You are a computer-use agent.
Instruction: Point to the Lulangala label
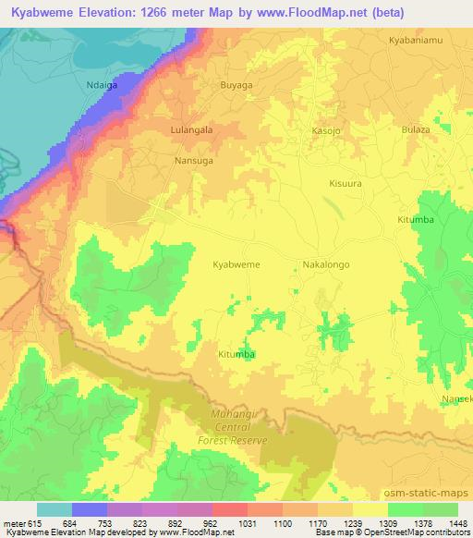(x=192, y=130)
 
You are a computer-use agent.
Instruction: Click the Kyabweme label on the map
(x=236, y=264)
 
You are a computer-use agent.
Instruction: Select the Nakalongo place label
(x=326, y=264)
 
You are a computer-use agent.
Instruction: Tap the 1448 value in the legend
(x=458, y=524)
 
